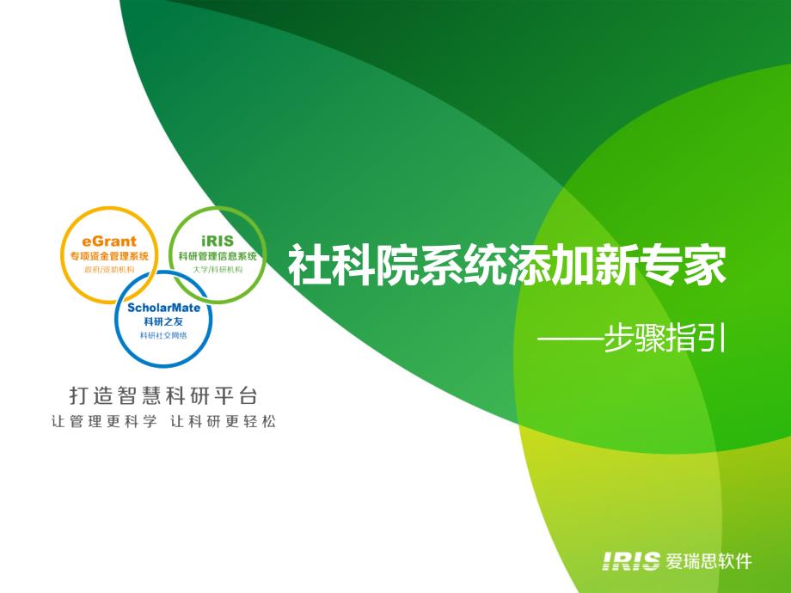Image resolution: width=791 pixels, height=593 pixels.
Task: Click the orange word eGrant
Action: [x=109, y=241]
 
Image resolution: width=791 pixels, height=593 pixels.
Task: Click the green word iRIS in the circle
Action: [x=218, y=241]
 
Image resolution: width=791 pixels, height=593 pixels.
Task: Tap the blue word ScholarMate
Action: [x=163, y=307]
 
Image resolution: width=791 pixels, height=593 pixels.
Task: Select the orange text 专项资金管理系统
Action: [x=109, y=256]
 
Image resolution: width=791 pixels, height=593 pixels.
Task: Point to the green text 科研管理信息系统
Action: [x=218, y=256]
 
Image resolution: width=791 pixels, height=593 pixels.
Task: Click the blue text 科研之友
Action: [x=163, y=321]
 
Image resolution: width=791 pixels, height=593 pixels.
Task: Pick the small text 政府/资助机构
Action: [x=109, y=269]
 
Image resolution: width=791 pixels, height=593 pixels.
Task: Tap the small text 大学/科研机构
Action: [x=218, y=269]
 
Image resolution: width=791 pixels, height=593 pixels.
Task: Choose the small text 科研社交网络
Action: [x=163, y=335]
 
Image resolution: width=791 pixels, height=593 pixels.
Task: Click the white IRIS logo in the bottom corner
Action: [x=630, y=561]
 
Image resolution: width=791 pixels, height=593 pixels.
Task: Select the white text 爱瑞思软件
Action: [x=708, y=561]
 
